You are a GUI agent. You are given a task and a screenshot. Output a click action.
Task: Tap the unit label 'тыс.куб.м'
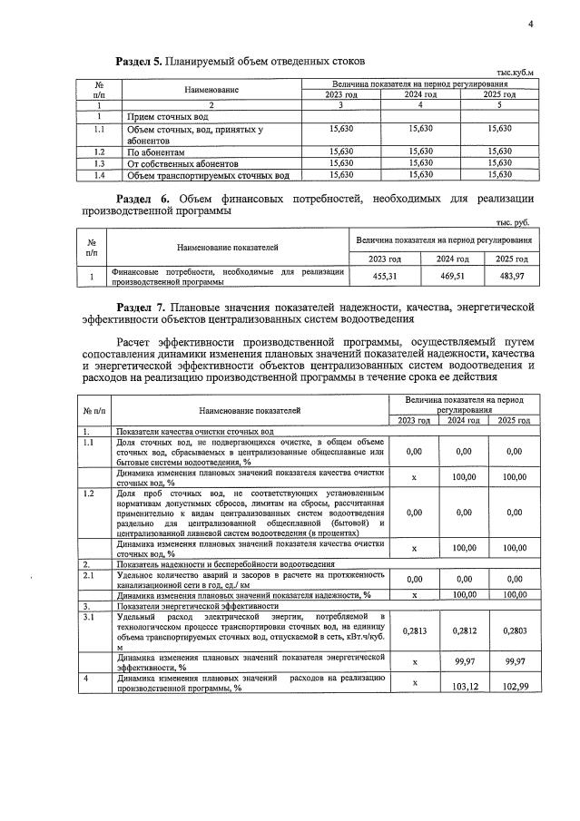pyautogui.click(x=515, y=73)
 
